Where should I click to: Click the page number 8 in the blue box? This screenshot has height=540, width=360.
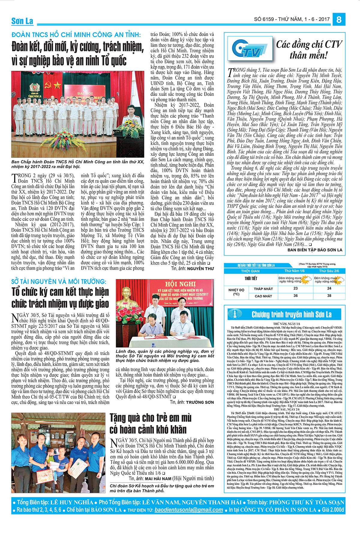(x=339, y=19)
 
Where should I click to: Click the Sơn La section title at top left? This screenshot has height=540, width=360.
(x=22, y=21)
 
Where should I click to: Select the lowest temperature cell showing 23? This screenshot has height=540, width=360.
(x=295, y=288)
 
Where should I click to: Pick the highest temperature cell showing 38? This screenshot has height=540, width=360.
(x=329, y=295)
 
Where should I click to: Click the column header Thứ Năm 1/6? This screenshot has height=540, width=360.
(x=295, y=271)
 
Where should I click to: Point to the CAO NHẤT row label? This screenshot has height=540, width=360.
(x=263, y=296)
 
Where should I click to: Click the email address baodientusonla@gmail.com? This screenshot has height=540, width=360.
(x=189, y=510)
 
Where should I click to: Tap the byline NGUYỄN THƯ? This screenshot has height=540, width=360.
(x=200, y=268)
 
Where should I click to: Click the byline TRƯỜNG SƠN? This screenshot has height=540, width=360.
(x=200, y=402)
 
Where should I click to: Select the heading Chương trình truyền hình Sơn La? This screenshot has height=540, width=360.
(x=292, y=314)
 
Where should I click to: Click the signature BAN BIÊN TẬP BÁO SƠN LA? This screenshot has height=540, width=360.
(x=315, y=250)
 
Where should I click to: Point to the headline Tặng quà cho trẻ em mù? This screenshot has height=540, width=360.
(x=151, y=418)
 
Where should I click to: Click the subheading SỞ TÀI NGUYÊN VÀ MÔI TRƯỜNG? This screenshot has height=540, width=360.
(x=59, y=281)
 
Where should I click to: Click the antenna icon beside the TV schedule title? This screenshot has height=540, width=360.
(x=235, y=314)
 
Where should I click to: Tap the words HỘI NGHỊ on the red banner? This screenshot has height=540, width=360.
(x=180, y=284)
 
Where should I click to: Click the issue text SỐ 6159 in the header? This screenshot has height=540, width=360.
(x=264, y=19)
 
